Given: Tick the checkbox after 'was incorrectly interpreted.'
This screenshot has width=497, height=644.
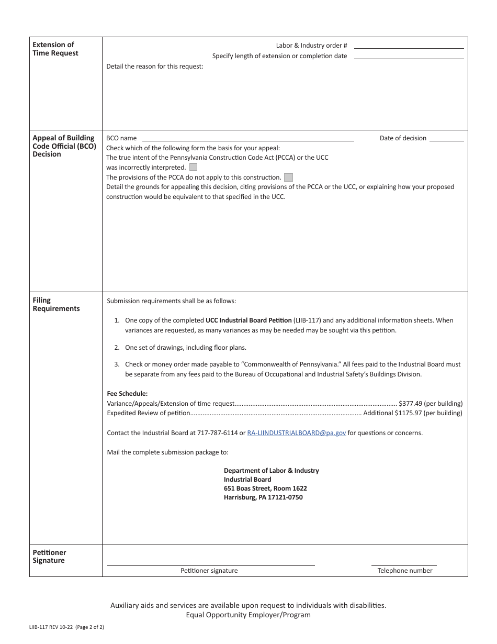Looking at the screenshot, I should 194,168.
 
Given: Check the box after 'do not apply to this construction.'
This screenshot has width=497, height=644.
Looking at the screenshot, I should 288,177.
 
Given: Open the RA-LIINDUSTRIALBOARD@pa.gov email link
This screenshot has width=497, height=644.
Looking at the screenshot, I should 296,433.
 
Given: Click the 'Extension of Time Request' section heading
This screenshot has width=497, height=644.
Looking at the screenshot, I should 55,49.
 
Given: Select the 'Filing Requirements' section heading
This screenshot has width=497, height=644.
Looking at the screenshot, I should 56,304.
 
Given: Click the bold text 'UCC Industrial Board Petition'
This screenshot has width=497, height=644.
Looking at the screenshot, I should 249,320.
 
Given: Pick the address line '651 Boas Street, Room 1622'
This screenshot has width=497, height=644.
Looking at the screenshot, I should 265,488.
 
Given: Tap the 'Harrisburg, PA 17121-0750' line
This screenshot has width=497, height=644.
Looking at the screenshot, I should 263,497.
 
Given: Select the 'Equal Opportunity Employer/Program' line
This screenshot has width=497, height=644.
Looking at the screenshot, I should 248,615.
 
